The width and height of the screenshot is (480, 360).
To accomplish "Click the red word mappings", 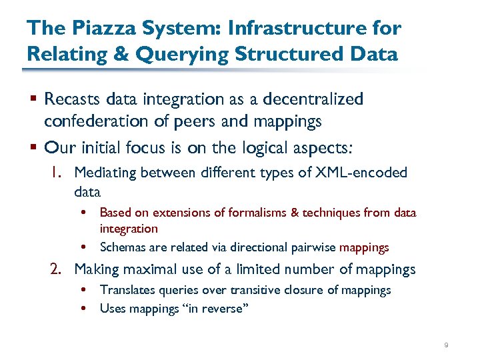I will pyautogui.click(x=364, y=247).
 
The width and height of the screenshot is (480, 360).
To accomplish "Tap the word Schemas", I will pyautogui.click(x=122, y=247).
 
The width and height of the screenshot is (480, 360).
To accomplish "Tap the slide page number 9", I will pyautogui.click(x=445, y=345).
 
